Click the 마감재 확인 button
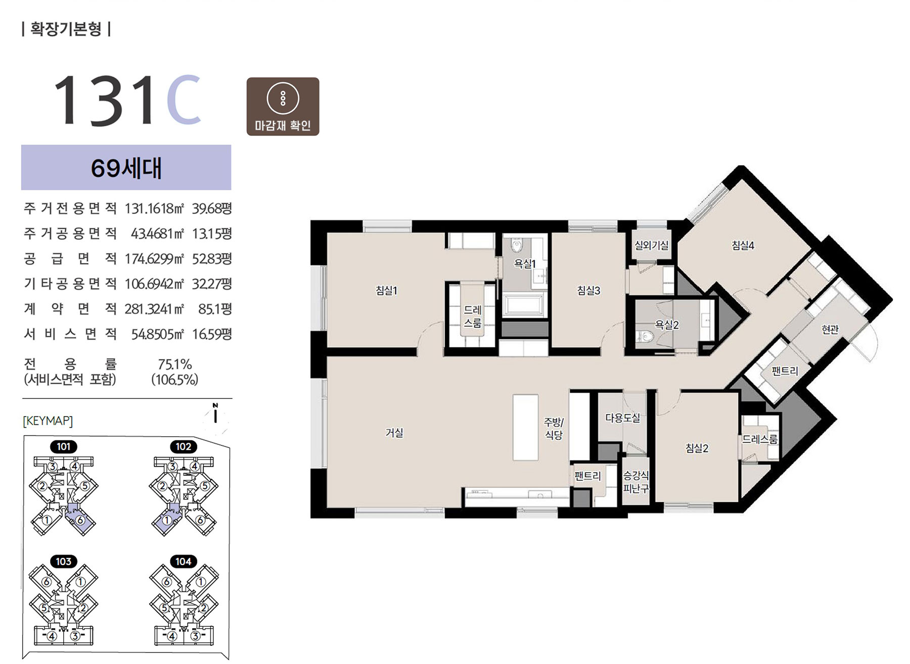point(283,107)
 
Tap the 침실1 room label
point(386,290)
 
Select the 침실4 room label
point(743,245)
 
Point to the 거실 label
point(394,433)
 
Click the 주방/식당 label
point(554,428)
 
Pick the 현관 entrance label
point(830,329)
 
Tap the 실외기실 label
point(652,245)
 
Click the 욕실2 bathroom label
point(667,325)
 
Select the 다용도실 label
point(623,418)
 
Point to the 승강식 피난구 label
point(636,482)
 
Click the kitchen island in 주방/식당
point(525,427)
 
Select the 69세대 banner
point(126,168)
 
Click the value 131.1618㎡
point(155,208)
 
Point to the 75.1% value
point(175,364)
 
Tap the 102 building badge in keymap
point(184,447)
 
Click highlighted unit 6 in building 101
point(79,520)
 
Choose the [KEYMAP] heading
point(48,421)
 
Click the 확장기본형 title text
point(66,28)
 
